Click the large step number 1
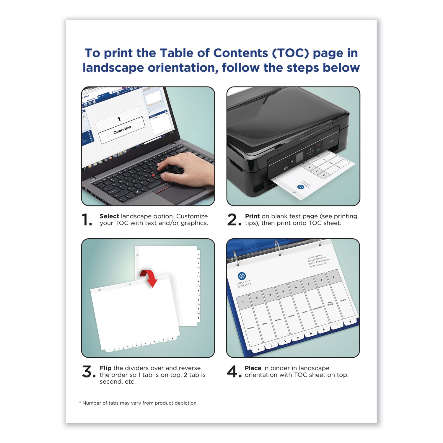coord(87,220)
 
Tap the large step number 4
coord(232,372)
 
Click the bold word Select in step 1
coord(109,216)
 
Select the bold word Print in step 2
coord(252,216)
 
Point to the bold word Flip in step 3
coord(105,368)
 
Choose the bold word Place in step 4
coord(253,368)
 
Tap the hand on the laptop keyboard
coord(186,171)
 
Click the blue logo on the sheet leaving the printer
coord(301,187)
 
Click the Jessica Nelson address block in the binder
coord(318,261)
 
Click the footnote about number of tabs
coord(138,403)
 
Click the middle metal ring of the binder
coord(277,247)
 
